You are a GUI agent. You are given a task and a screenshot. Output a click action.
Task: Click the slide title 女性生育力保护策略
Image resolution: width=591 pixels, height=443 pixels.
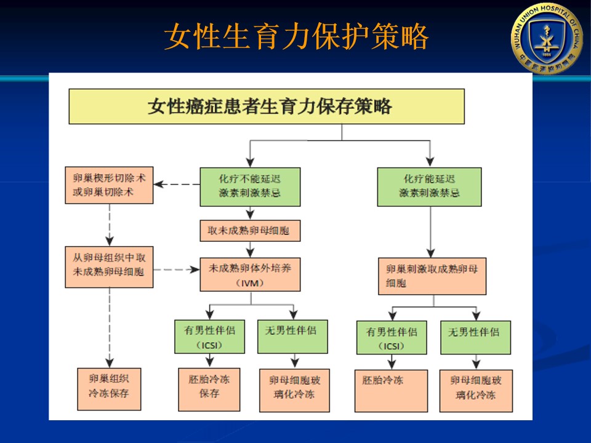pyautogui.click(x=295, y=38)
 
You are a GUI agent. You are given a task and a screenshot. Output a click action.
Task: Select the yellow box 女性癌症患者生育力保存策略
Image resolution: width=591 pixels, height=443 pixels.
pyautogui.click(x=267, y=106)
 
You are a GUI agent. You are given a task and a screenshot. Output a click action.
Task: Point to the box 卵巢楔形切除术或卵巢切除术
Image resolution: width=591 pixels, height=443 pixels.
pyautogui.click(x=109, y=185)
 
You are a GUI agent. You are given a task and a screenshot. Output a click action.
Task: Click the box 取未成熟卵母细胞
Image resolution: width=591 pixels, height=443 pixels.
pyautogui.click(x=250, y=231)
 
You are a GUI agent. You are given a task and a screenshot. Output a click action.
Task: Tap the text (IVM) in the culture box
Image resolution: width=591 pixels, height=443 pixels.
pyautogui.click(x=250, y=283)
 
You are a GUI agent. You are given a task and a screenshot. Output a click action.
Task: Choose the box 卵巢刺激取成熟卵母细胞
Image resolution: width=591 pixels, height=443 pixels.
pyautogui.click(x=432, y=276)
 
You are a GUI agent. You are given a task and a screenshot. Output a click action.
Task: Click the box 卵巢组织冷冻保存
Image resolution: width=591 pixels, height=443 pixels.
pyautogui.click(x=109, y=388)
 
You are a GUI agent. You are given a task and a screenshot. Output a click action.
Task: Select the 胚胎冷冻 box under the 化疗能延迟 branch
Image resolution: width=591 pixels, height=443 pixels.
pyautogui.click(x=391, y=390)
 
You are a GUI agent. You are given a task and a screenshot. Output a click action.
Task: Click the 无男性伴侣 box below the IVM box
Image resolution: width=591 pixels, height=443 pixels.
pyautogui.click(x=292, y=336)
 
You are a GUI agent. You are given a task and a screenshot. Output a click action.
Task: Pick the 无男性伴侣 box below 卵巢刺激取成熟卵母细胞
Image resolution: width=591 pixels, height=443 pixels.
pyautogui.click(x=475, y=337)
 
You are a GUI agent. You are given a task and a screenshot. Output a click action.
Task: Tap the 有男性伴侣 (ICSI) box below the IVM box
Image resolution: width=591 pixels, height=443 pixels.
pyautogui.click(x=209, y=336)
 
